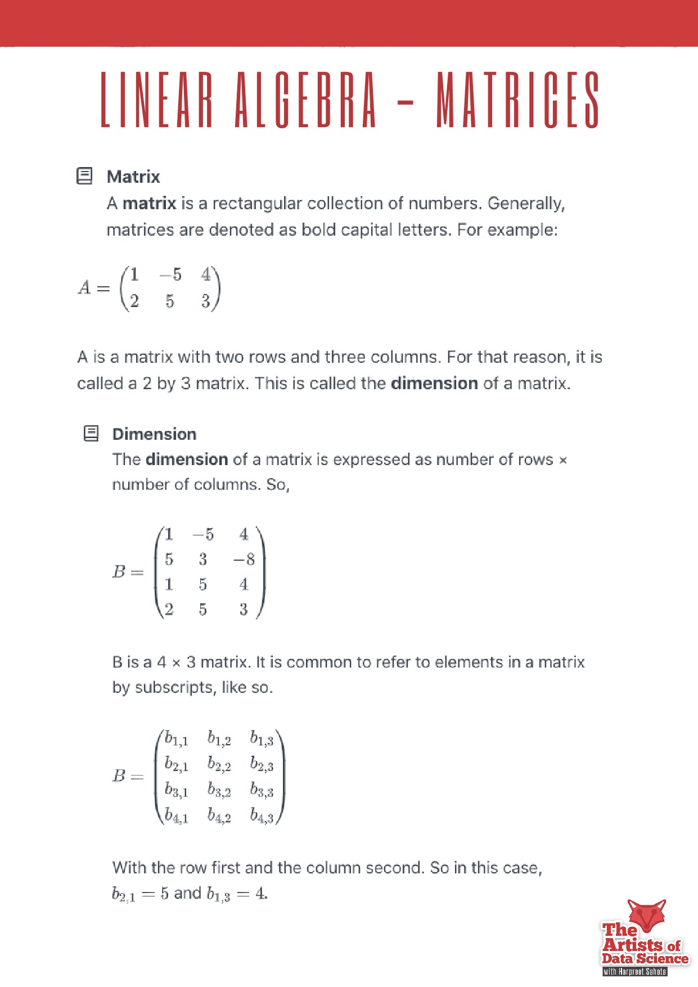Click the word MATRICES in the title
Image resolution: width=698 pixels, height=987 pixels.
518,100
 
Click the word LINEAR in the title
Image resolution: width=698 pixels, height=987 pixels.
157,100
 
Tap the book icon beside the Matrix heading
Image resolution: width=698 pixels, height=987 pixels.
84,176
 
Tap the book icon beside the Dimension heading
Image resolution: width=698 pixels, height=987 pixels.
91,434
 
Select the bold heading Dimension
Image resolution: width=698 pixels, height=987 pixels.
154,434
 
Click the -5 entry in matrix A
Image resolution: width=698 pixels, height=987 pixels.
170,274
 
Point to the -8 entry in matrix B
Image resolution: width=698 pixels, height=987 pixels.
244,559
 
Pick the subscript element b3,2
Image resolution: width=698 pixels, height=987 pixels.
219,790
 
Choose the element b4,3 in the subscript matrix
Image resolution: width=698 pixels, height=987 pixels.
262,815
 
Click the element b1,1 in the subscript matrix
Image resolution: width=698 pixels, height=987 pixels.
176,739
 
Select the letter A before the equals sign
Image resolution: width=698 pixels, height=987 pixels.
84,288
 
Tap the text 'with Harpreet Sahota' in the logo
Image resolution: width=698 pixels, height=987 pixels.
634,971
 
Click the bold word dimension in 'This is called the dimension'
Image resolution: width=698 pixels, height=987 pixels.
434,384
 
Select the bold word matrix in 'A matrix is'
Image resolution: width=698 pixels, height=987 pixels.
149,203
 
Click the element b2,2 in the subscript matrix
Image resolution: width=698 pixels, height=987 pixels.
219,764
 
